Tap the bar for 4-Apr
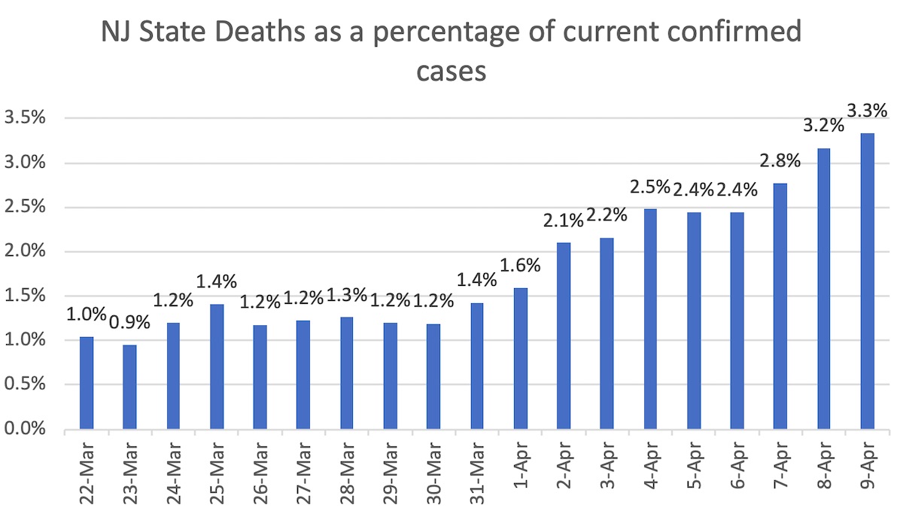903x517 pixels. pyautogui.click(x=650, y=319)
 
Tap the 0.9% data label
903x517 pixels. pyautogui.click(x=129, y=322)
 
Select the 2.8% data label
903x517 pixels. pyautogui.click(x=779, y=161)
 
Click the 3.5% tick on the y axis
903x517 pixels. pyautogui.click(x=26, y=118)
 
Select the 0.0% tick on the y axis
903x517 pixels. pyautogui.click(x=26, y=430)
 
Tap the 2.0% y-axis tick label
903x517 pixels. pyautogui.click(x=26, y=251)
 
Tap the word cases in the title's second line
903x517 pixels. pyautogui.click(x=451, y=73)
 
